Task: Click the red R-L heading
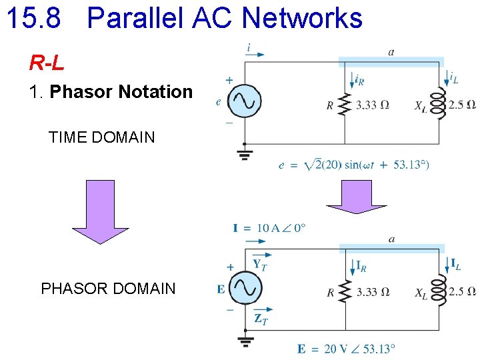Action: pos(47,63)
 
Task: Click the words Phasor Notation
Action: pos(121,91)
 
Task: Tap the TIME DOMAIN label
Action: pos(101,138)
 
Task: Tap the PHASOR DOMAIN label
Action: pos(108,289)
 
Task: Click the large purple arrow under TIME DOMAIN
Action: pos(100,211)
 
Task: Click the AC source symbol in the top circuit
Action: pos(244,101)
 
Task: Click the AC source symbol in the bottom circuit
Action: pos(244,288)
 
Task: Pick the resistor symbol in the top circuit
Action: pos(345,104)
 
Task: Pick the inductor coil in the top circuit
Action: pos(438,105)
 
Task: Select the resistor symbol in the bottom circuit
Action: pos(345,291)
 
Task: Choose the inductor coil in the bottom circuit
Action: pos(438,291)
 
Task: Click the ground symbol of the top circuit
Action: pos(245,155)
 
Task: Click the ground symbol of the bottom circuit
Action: pos(245,341)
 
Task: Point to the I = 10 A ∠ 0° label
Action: pos(269,229)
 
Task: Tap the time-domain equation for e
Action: pos(353,165)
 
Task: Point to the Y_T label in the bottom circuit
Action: pos(261,265)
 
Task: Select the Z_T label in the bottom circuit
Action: pos(261,319)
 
